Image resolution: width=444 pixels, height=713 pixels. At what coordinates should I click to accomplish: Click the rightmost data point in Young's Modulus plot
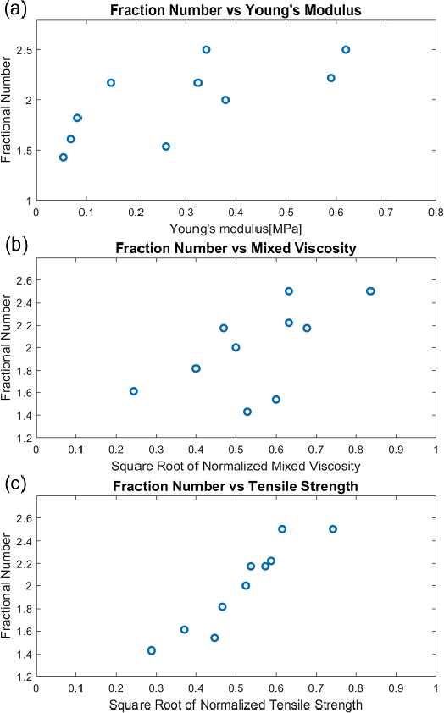coord(346,50)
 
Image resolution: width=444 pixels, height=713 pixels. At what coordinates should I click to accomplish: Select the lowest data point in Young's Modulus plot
coord(64,158)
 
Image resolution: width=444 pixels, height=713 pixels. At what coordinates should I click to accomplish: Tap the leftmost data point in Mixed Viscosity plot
coord(134,391)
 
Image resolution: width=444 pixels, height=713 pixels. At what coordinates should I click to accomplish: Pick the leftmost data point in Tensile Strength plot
coord(152,650)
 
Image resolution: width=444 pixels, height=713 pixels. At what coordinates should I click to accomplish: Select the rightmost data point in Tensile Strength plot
coord(333,529)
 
